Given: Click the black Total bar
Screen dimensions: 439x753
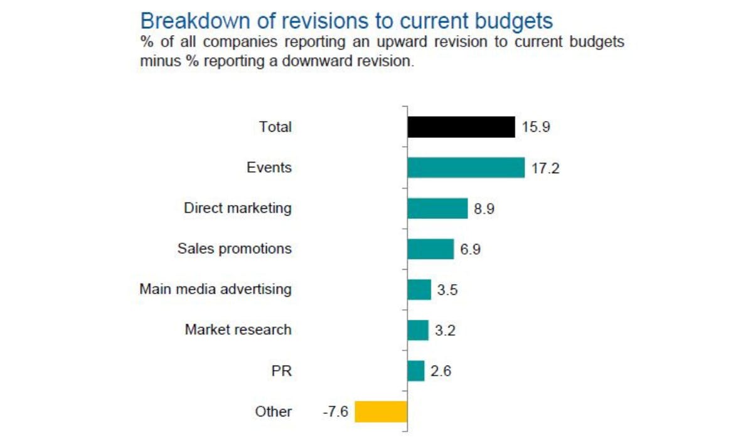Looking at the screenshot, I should (461, 127).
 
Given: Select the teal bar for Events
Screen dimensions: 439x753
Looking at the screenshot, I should (466, 168).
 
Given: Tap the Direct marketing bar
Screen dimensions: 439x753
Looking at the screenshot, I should (437, 208).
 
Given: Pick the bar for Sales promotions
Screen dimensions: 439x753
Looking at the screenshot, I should (430, 249).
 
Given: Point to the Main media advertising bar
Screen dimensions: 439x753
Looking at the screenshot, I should (419, 289).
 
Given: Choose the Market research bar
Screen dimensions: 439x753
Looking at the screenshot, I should (418, 330).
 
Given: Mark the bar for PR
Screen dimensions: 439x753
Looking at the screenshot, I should (416, 371).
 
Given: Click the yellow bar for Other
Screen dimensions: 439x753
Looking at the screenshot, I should (381, 411).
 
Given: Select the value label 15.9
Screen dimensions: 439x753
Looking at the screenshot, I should (535, 127).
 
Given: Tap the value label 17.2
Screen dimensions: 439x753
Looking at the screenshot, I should (545, 168).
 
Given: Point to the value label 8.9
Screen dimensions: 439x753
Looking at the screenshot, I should (484, 209).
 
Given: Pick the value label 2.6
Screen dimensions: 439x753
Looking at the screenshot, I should (441, 371).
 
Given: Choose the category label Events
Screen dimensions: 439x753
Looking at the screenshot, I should (269, 167).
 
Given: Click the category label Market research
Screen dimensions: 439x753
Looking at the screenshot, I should (238, 329).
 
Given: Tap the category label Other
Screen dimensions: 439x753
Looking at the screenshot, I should (273, 411).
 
